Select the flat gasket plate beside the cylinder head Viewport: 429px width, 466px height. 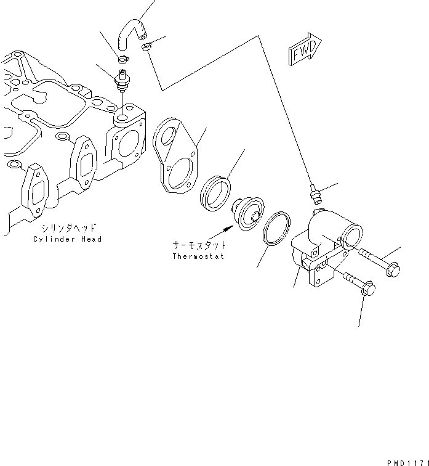tap(175, 157)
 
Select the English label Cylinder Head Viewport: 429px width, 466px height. tap(68, 239)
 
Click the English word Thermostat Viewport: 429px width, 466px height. tap(198, 256)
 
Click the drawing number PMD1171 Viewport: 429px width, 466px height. tap(407, 460)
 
